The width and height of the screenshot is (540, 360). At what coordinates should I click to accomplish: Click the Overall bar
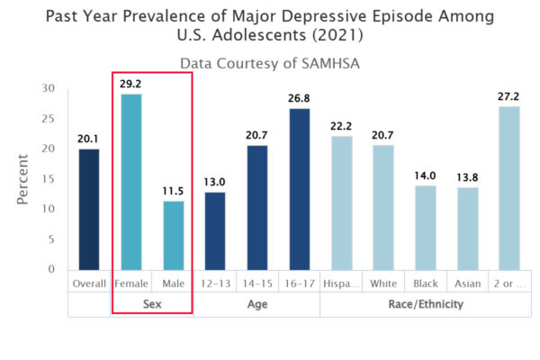point(89,209)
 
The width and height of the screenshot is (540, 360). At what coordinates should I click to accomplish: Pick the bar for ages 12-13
point(215,230)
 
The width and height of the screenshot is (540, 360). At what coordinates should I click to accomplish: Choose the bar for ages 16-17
point(300,189)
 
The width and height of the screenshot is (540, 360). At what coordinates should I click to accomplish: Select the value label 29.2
point(131,84)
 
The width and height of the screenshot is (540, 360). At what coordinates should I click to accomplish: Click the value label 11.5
point(173,191)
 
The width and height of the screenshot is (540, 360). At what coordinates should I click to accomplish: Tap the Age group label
point(257,304)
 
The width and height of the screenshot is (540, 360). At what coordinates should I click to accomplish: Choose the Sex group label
point(152,304)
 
